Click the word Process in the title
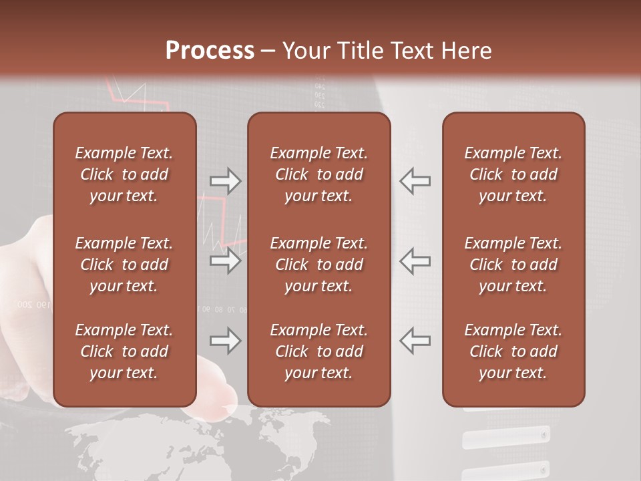(x=210, y=51)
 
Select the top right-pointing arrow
(x=225, y=181)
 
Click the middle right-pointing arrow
(x=225, y=261)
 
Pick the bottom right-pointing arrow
(x=225, y=341)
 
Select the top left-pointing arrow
(x=415, y=181)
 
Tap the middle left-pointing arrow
(x=415, y=261)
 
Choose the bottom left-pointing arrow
(x=415, y=341)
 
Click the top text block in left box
(x=124, y=174)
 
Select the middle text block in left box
(x=124, y=265)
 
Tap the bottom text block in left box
(x=124, y=351)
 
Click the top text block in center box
(x=319, y=174)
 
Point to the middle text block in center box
(x=319, y=265)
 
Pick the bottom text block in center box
(x=319, y=351)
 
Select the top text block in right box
(x=513, y=174)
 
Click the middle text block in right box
(x=513, y=265)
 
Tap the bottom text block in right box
(x=513, y=351)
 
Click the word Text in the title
(x=412, y=51)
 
